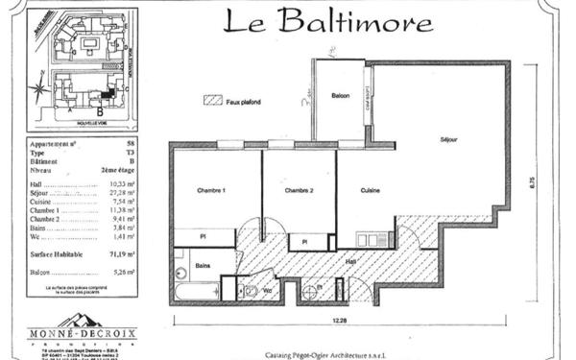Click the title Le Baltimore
pos(327,21)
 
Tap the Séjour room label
pos(448,140)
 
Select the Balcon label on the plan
pos(340,96)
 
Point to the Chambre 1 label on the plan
pos(210,191)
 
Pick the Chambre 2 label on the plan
pos(300,191)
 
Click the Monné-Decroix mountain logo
pos(80,321)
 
